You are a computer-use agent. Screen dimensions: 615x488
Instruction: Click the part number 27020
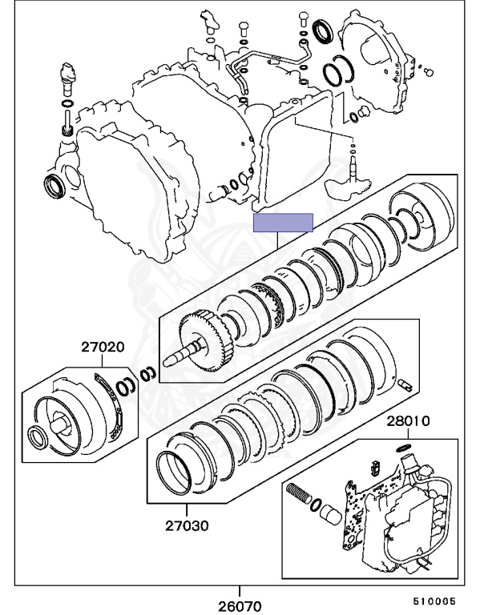tap(102, 348)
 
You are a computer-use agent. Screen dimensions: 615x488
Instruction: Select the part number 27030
tap(187, 526)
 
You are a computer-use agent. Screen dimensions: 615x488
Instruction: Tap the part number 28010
tap(409, 420)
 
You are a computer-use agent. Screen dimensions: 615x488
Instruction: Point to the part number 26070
tap(240, 606)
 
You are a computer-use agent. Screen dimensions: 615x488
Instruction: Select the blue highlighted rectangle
tap(283, 223)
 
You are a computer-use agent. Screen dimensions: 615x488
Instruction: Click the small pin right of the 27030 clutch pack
tap(405, 386)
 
